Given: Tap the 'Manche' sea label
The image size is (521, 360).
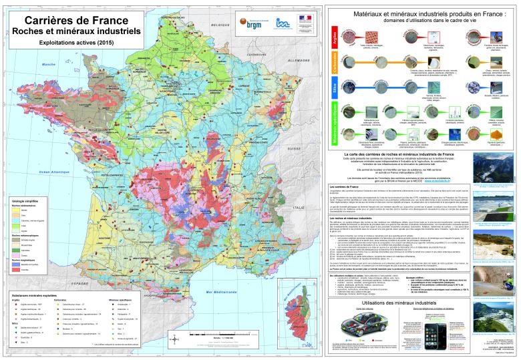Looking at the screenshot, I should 47,63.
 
